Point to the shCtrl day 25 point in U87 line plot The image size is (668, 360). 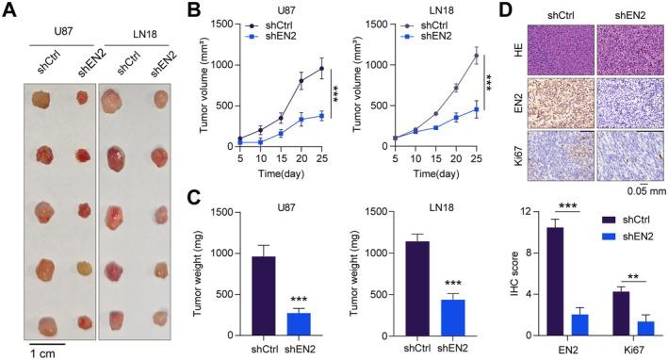[321, 68]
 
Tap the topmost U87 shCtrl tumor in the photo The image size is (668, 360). [42, 98]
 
